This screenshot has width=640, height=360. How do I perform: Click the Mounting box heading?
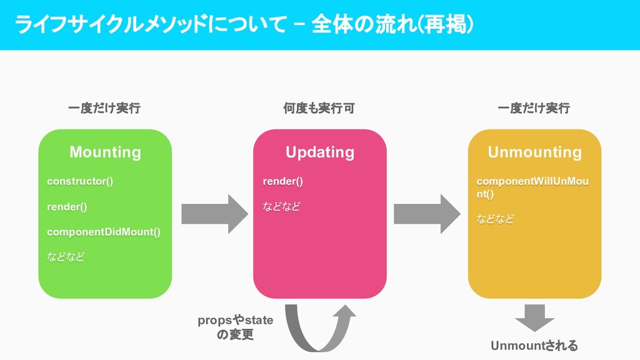point(105,152)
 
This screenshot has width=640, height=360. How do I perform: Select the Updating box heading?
point(319,152)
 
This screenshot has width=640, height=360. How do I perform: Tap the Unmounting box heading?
point(534,152)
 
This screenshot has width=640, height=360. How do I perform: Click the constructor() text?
point(80,181)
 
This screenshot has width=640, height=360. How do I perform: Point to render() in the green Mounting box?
point(67,207)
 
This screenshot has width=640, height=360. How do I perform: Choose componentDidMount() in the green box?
point(104,232)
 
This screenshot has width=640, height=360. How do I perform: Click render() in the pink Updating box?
point(282,181)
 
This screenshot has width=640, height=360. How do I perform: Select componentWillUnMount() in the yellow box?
point(532,187)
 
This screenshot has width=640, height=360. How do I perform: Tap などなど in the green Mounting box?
point(65,257)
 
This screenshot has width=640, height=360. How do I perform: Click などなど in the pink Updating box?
point(281,207)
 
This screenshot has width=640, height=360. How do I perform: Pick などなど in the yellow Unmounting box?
point(495,219)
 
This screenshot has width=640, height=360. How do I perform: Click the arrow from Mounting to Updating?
point(214,214)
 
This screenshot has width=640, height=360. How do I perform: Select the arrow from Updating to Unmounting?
point(427,214)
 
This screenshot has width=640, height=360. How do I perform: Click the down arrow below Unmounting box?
point(534,317)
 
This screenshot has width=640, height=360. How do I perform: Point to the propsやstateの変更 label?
point(236,327)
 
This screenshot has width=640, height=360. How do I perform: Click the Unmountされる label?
point(534,346)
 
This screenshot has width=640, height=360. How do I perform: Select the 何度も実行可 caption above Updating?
point(319,108)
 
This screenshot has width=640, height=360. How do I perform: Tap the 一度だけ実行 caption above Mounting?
point(104,108)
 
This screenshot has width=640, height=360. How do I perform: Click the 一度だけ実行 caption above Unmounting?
point(534,108)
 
